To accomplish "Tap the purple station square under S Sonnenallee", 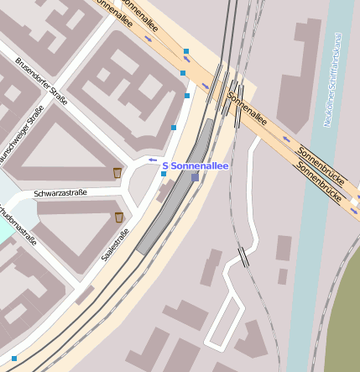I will [x=195, y=177].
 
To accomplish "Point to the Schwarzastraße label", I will [x=60, y=193].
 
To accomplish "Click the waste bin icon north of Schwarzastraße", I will [x=117, y=173].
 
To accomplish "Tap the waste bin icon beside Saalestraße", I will [x=120, y=217].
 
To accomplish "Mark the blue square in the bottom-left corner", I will [x=13, y=359].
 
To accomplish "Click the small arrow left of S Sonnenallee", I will [x=152, y=160].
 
